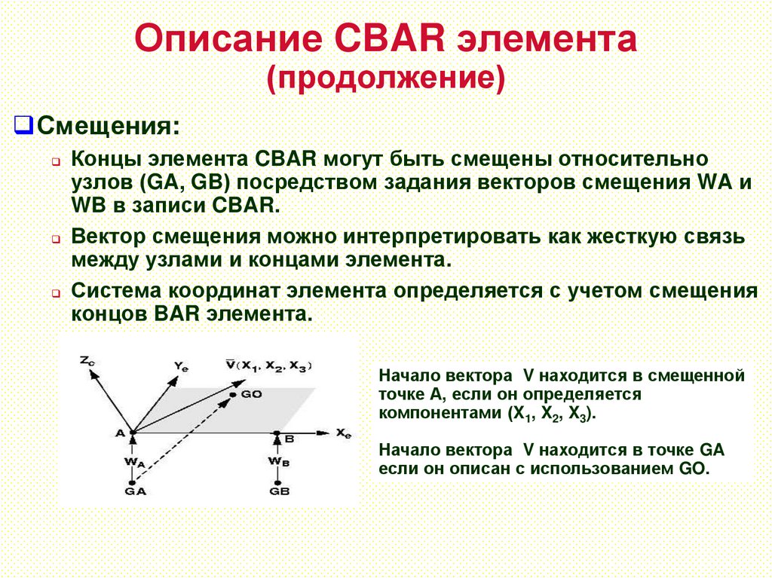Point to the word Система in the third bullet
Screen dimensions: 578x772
115,291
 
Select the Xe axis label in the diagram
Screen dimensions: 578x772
344,433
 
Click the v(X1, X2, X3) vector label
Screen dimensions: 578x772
268,365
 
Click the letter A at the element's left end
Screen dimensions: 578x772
119,432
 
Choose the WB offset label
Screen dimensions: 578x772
277,460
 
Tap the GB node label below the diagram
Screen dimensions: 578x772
278,491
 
